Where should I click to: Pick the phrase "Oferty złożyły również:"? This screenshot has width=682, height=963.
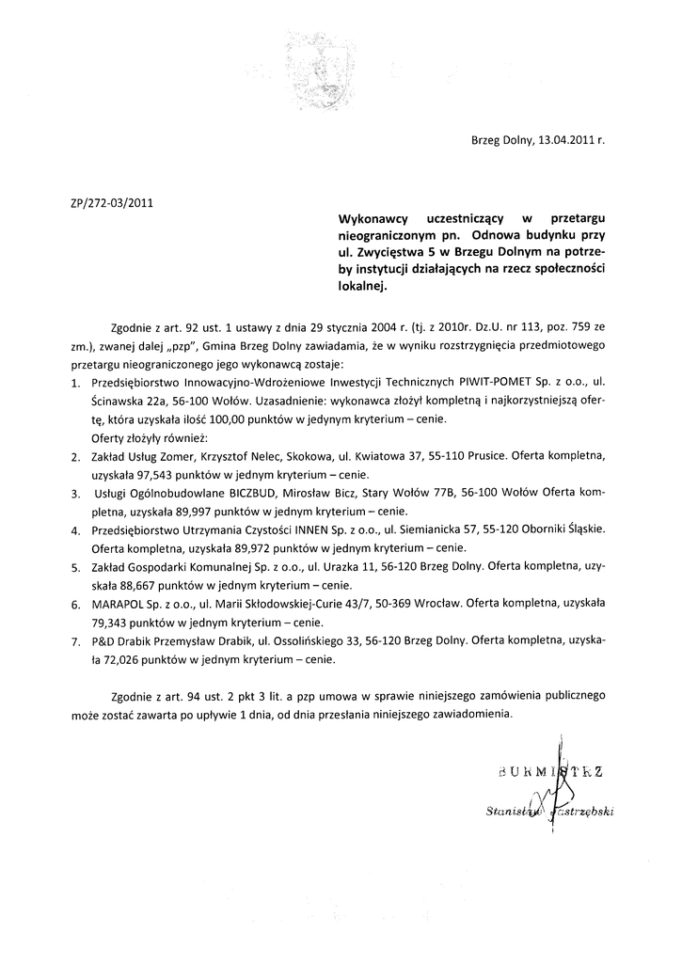149,438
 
